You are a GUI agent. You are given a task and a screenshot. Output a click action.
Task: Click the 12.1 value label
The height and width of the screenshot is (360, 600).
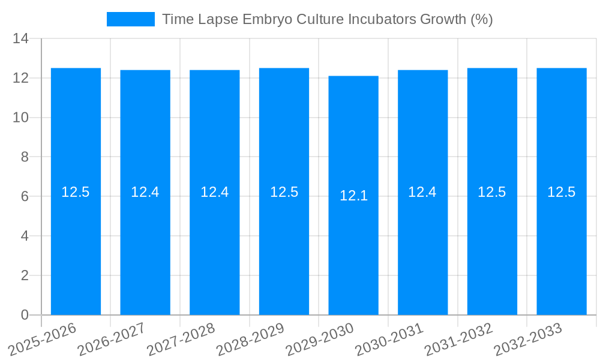(x=353, y=196)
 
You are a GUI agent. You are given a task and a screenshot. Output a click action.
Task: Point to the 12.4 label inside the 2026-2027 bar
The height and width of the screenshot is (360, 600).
(x=145, y=192)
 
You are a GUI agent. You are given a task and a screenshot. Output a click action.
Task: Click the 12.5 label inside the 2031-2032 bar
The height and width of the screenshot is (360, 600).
(x=492, y=192)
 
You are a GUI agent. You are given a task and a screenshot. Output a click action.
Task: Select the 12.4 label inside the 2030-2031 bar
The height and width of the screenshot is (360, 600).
(x=422, y=192)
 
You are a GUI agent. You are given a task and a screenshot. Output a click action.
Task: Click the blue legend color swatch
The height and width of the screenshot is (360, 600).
(x=130, y=19)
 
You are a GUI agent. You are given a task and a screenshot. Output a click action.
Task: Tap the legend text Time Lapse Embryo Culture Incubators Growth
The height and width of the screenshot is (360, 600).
(x=327, y=19)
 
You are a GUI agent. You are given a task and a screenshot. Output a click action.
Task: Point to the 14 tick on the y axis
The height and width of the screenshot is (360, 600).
(x=21, y=39)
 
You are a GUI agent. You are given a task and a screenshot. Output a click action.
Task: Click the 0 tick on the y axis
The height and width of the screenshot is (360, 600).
(x=25, y=315)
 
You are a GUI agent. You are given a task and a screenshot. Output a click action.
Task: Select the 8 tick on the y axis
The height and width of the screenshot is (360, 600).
(x=25, y=157)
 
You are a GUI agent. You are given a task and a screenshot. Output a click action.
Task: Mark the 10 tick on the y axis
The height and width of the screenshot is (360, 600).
(x=21, y=118)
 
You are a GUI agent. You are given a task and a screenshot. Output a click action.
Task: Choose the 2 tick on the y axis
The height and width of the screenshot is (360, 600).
(x=25, y=275)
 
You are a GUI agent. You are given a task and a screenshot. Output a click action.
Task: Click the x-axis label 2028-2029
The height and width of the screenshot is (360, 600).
(x=251, y=340)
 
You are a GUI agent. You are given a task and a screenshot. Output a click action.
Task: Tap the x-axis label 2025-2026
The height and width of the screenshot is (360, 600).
(x=43, y=340)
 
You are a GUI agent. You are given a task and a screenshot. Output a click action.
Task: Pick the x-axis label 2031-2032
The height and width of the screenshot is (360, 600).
(x=459, y=340)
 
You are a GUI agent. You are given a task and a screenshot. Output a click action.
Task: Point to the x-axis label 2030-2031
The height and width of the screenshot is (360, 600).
(x=390, y=340)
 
